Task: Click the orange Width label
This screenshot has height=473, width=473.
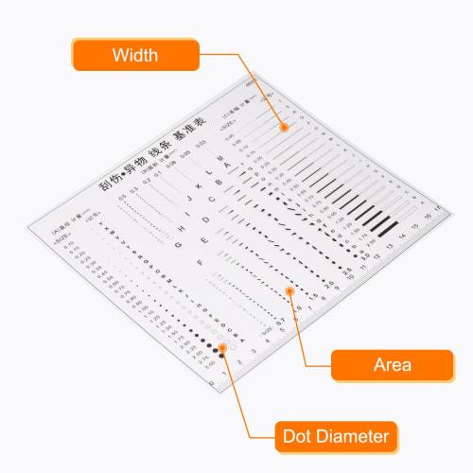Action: [x=135, y=54]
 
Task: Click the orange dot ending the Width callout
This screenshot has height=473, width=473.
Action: [x=281, y=126]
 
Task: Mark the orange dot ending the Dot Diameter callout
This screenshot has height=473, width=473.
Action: [x=223, y=347]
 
